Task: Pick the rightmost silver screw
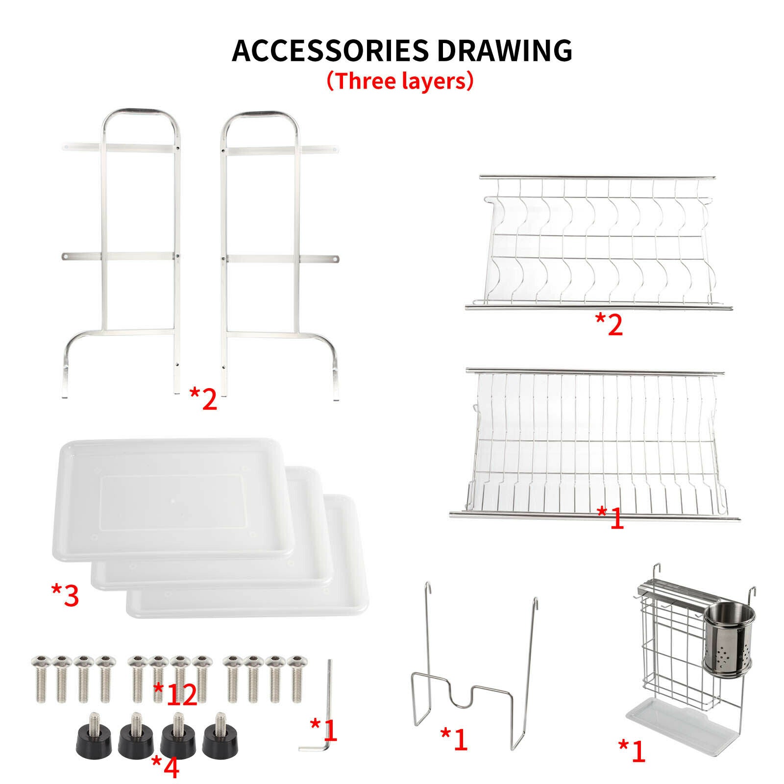tap(295, 678)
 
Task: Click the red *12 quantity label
tap(175, 694)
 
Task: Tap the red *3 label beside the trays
tap(65, 595)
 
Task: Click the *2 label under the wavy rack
tap(609, 324)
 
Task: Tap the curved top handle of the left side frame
tap(141, 112)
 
